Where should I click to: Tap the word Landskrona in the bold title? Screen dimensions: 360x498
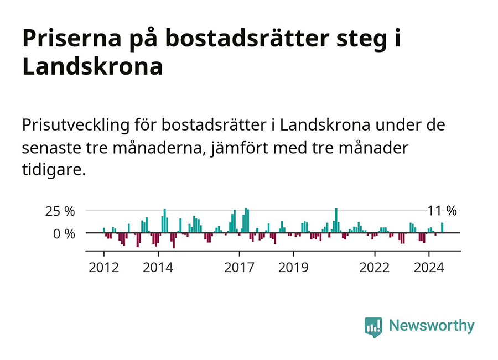pos(92,67)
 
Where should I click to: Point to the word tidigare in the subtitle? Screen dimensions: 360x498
pos(54,170)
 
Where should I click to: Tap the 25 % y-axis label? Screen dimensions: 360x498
pos(60,211)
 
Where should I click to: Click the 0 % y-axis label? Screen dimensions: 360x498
pos(64,233)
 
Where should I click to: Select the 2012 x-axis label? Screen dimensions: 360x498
pos(103,268)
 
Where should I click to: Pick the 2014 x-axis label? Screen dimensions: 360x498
pos(158,268)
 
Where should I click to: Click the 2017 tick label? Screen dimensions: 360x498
pos(239,268)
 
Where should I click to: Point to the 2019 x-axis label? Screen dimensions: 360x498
pos(293,268)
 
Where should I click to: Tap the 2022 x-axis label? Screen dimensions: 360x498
pos(375,268)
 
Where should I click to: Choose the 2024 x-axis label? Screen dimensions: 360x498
pos(429,268)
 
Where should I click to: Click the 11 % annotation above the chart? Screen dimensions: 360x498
pos(442,211)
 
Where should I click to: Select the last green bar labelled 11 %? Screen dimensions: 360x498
pos(442,228)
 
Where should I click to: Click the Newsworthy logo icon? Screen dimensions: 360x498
pos(373,326)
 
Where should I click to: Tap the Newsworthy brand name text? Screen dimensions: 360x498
pos(432,326)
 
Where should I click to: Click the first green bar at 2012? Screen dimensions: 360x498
pos(103,230)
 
